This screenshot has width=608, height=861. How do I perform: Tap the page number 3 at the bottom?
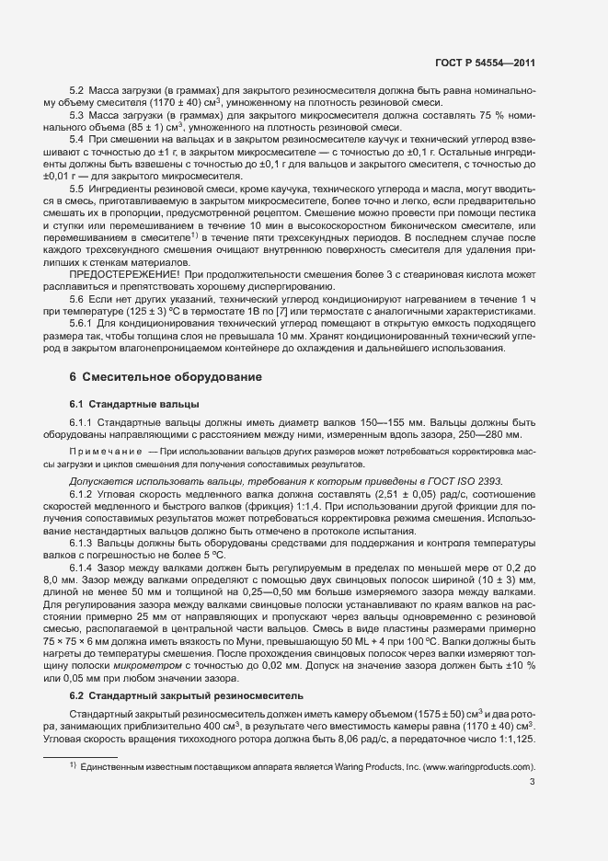(533, 783)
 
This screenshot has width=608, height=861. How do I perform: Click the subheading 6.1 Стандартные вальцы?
(130, 404)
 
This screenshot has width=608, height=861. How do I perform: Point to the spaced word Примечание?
(105, 452)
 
